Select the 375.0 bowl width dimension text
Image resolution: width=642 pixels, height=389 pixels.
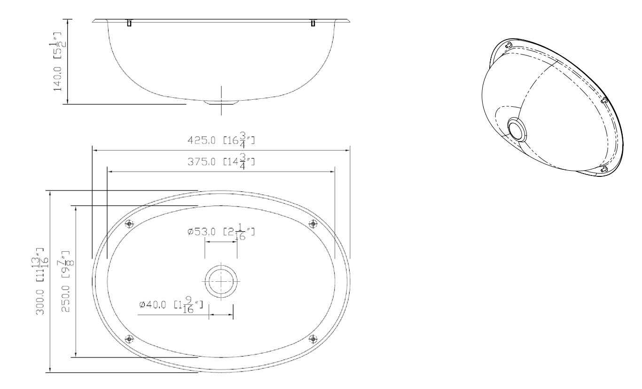[221, 163]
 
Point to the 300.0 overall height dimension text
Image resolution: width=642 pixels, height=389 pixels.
[41, 282]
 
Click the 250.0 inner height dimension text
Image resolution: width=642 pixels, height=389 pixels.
[66, 282]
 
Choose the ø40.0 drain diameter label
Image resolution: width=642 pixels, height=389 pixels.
[171, 305]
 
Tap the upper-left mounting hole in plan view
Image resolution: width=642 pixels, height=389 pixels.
[130, 224]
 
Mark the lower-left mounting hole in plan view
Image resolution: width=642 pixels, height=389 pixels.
[130, 338]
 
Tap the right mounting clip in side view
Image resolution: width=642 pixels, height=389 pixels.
[313, 23]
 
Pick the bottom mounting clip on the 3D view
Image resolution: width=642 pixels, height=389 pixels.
[605, 169]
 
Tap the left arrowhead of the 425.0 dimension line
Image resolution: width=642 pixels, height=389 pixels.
[94, 151]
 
